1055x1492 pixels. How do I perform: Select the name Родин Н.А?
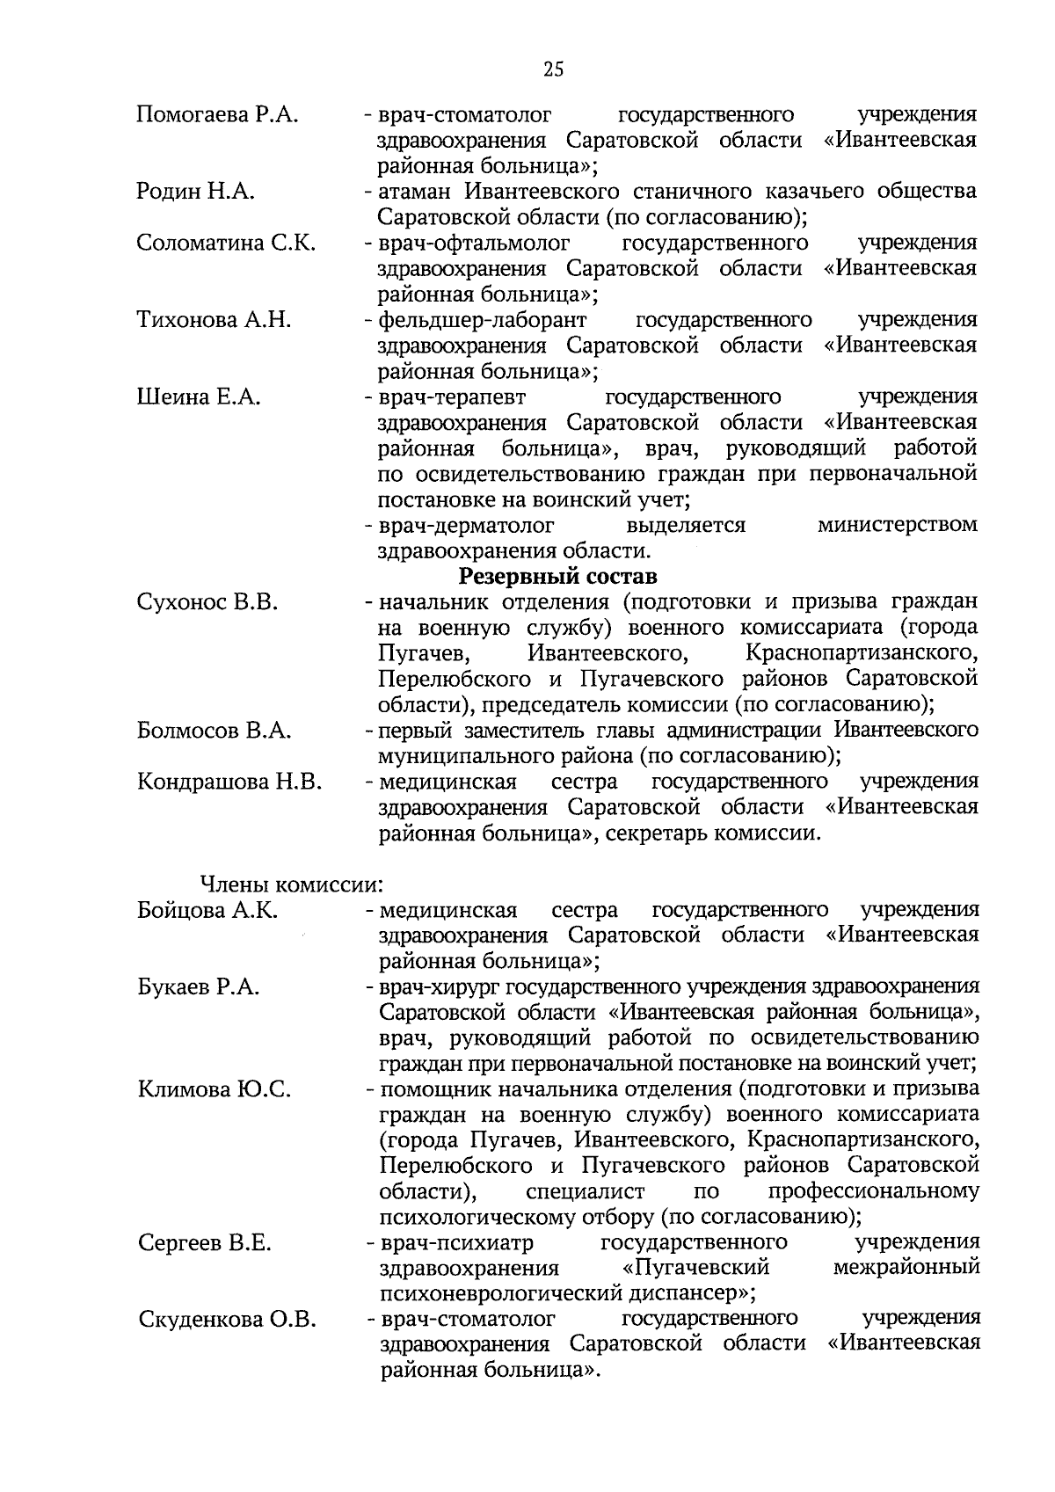[195, 192]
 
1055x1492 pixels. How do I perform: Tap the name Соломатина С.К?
[226, 243]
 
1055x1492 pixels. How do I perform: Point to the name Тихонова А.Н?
[214, 320]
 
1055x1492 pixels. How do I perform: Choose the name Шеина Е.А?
[199, 397]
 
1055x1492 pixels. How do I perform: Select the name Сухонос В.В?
[207, 602]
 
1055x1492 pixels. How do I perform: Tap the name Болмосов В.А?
[215, 731]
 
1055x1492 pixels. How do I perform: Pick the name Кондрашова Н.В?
[229, 782]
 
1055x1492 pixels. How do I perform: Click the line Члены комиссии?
[291, 884]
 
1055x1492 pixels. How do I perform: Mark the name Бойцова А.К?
[207, 910]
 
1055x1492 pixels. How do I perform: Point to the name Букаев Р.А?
[199, 986]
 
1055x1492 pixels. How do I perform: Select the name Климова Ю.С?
[215, 1090]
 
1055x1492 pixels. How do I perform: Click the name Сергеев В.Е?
[205, 1243]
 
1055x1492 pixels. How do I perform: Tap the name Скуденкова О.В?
[227, 1320]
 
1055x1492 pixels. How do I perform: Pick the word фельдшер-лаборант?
[482, 320]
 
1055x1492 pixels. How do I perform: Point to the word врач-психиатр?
[456, 1243]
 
